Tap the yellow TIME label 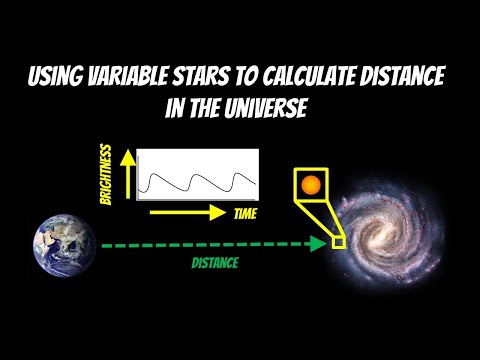click(x=245, y=213)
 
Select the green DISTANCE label click(x=216, y=263)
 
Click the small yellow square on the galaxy click(x=339, y=242)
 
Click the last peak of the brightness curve click(x=244, y=172)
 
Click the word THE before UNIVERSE click(x=204, y=108)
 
